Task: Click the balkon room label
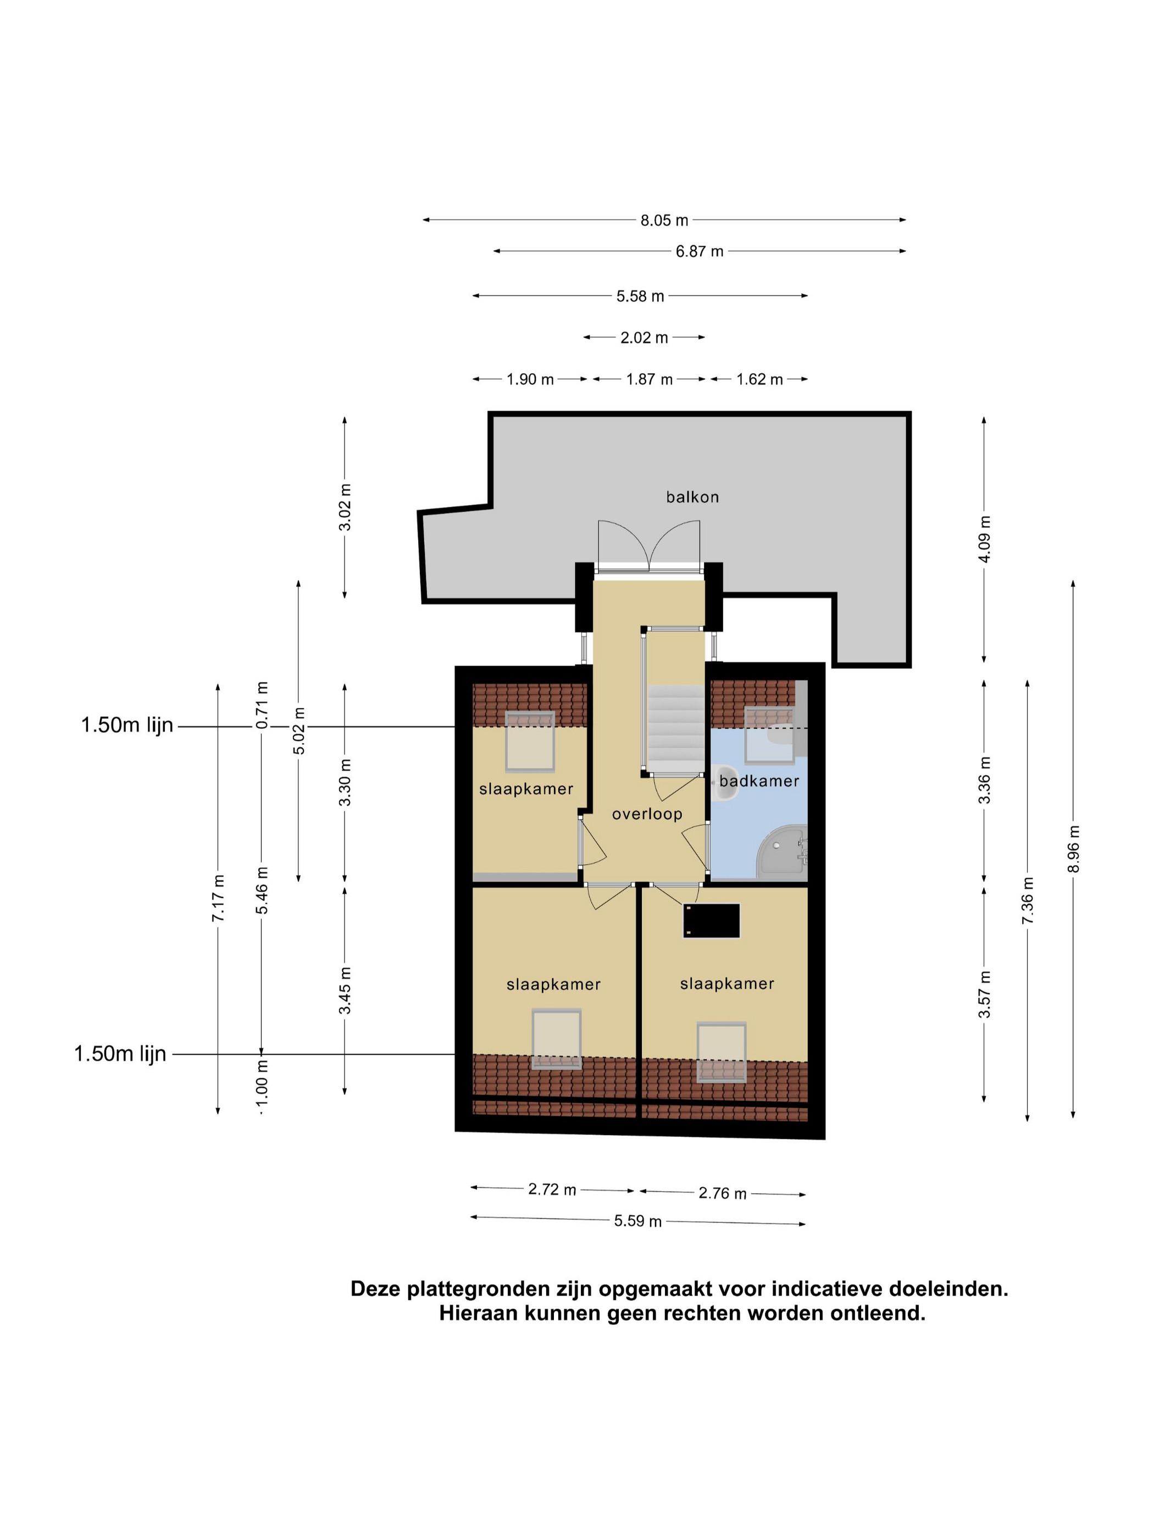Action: pyautogui.click(x=691, y=497)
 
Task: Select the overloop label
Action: pyautogui.click(x=647, y=814)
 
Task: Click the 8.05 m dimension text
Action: pyautogui.click(x=664, y=220)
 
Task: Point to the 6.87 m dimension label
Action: pyautogui.click(x=699, y=251)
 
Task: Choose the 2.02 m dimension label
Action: pyautogui.click(x=644, y=337)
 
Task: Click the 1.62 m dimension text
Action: pyautogui.click(x=759, y=379)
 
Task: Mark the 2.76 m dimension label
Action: pyautogui.click(x=722, y=1193)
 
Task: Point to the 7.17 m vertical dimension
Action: pyautogui.click(x=218, y=898)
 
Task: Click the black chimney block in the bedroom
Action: pyautogui.click(x=712, y=921)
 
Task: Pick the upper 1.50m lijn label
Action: pyautogui.click(x=126, y=725)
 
